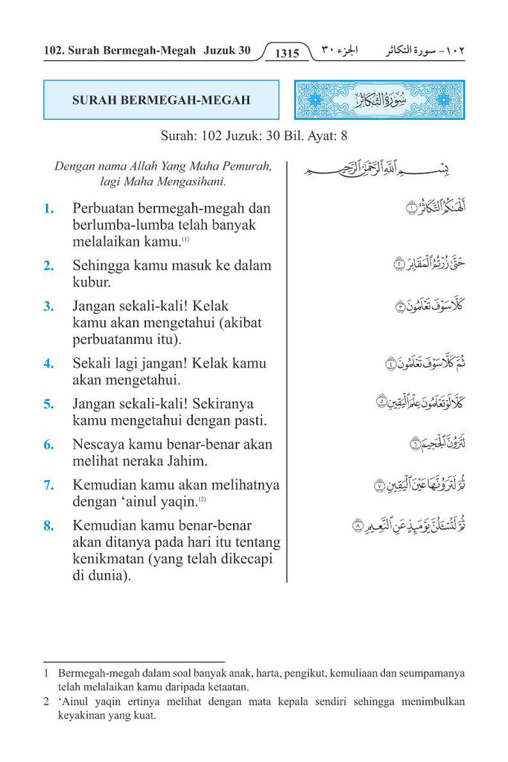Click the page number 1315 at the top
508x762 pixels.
click(287, 54)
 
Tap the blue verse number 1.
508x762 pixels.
click(48, 209)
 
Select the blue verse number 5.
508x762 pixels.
click(48, 405)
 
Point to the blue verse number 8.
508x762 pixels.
click(48, 526)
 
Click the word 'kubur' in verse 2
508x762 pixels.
click(91, 283)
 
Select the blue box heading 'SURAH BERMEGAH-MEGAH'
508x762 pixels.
click(161, 100)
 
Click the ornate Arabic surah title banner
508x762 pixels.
click(380, 100)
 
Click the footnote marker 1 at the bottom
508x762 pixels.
click(46, 673)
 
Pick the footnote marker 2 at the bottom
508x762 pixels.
click(46, 702)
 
